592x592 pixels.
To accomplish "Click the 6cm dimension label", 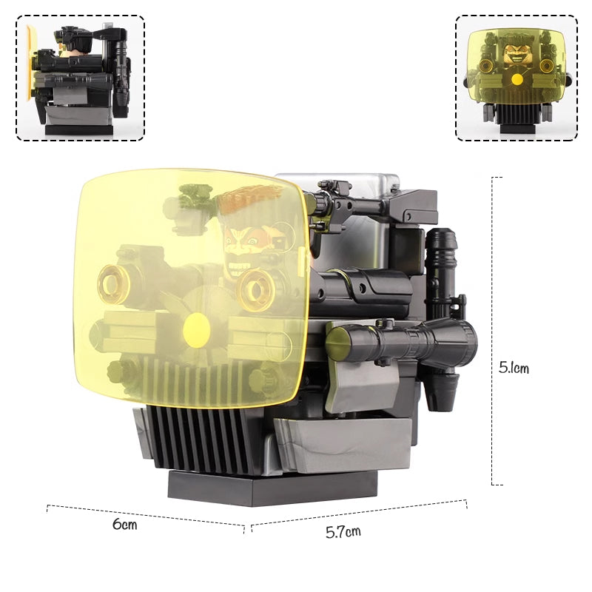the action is [125, 525].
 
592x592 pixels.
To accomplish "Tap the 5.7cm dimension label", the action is [343, 531].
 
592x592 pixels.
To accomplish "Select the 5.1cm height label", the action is [514, 368].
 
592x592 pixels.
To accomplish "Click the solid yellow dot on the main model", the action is [197, 329].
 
